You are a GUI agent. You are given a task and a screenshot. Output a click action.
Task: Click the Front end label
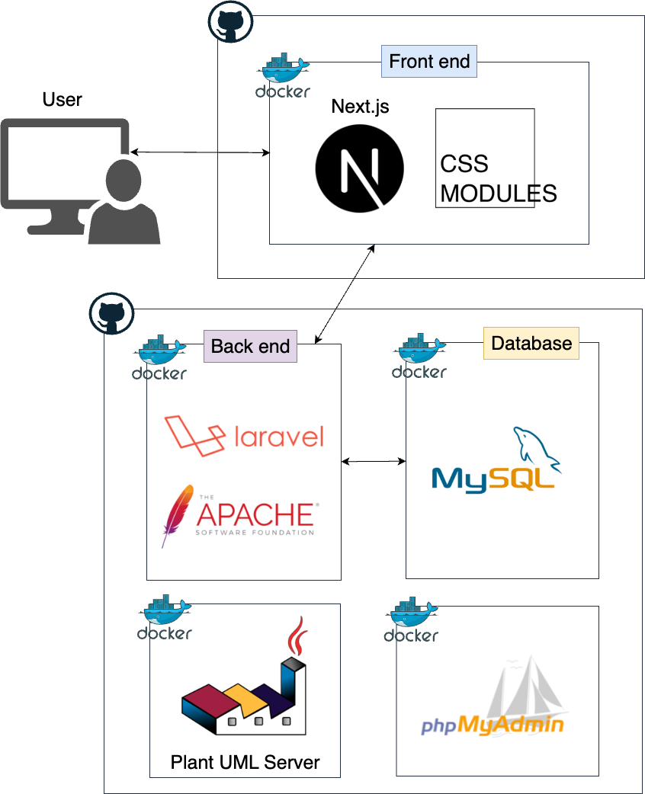coord(429,61)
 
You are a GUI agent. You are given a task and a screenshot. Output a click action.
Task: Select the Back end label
coord(250,346)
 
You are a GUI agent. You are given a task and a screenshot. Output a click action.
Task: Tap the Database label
coord(531,343)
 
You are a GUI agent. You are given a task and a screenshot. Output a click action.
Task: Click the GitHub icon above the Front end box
coord(230,22)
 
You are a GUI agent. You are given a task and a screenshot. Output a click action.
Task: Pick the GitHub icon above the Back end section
coord(112,313)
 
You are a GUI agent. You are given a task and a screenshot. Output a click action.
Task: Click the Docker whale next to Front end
coord(284,71)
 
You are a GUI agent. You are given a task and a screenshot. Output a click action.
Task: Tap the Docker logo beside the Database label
coord(420,351)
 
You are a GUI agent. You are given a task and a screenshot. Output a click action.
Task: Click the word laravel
coord(278,437)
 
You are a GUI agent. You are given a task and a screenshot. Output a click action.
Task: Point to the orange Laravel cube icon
coord(195,437)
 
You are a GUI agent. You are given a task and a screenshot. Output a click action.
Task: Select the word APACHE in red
coord(255,514)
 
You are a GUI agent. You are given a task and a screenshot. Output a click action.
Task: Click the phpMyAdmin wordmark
coord(492,725)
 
